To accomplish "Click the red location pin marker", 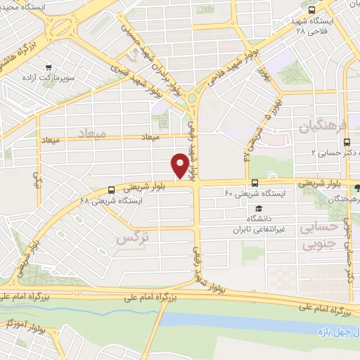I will point(180,165).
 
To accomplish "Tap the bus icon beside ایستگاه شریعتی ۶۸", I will point(112,189).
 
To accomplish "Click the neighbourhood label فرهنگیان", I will point(323,128).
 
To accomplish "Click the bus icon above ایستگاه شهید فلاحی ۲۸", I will point(311,10).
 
